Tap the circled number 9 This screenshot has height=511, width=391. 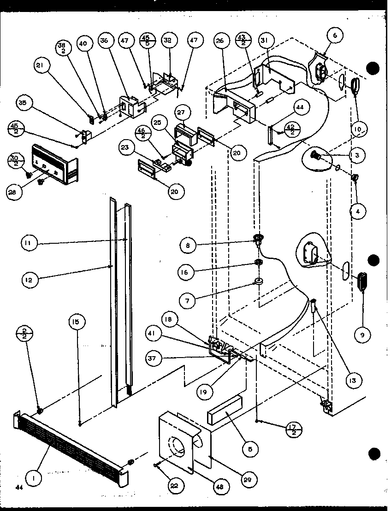pos(362,335)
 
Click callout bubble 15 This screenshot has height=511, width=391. pos(77,322)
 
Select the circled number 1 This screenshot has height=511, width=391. pos(33,479)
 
